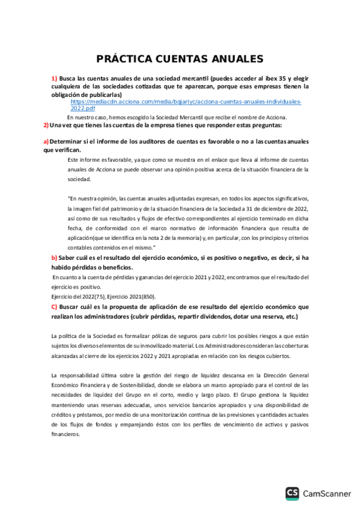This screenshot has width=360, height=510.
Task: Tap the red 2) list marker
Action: [x=46, y=125]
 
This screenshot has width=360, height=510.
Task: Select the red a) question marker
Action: [x=46, y=141]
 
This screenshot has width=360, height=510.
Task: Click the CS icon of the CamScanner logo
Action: [x=293, y=493]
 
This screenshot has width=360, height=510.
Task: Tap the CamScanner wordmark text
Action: [x=327, y=494]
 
